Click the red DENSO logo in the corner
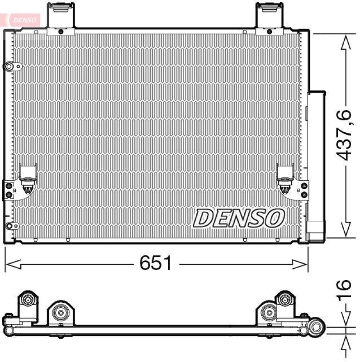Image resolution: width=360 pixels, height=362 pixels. (23, 19)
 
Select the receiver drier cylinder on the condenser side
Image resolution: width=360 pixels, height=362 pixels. (316, 163)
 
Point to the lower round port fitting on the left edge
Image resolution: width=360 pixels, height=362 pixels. (9, 226)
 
